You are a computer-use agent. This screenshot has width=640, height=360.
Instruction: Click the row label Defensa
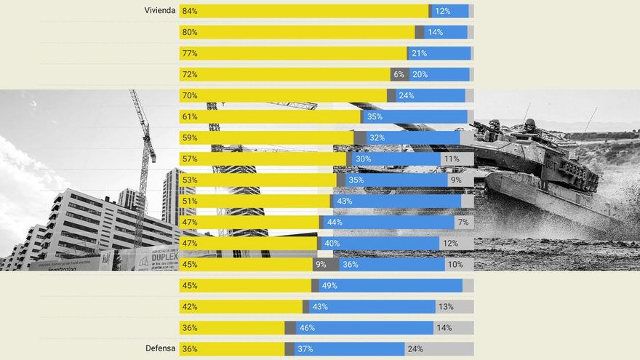point(160,348)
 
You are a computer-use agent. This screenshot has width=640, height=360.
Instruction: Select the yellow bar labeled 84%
point(304,11)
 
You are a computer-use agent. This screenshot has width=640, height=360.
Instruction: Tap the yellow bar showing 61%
point(270,116)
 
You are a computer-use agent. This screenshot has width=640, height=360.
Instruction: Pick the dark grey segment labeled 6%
point(399,74)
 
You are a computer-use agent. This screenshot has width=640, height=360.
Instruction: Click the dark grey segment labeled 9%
point(325,265)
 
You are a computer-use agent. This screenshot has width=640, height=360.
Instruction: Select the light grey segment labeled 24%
point(439,349)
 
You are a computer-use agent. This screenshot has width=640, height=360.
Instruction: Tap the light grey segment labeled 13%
point(455,307)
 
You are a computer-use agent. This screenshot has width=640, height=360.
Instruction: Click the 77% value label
point(190,53)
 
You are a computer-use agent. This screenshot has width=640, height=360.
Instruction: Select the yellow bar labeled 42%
point(241,307)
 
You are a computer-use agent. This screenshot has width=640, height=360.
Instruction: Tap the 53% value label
point(190,180)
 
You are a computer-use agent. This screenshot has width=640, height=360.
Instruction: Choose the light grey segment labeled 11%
point(457,159)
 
